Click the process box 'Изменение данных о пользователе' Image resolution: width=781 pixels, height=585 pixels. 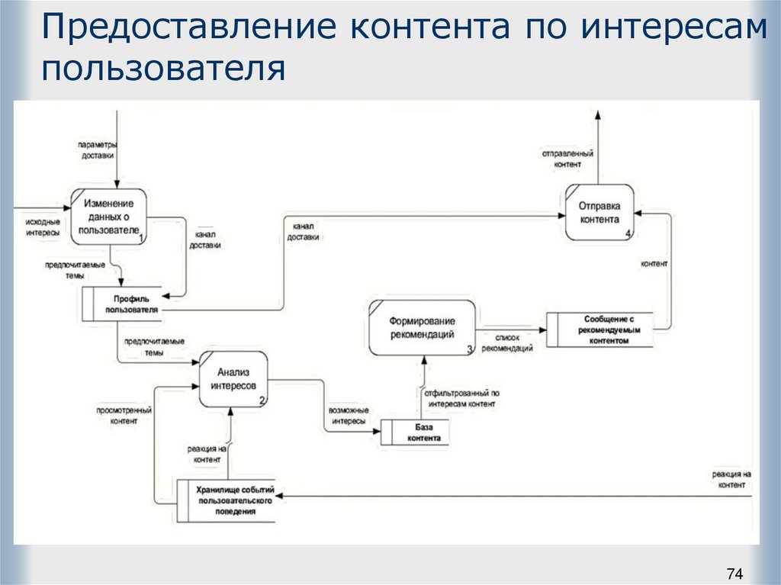[109, 216]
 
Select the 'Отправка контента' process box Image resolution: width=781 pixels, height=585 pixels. [599, 213]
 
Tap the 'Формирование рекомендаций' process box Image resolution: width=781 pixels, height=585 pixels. [422, 328]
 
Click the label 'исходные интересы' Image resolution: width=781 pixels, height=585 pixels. [43, 227]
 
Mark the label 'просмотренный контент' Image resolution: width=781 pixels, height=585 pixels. [124, 415]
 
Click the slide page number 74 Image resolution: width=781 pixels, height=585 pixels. [734, 573]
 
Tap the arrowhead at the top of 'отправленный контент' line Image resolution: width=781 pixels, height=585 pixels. [598, 114]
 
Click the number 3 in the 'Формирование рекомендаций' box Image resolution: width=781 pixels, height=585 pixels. [470, 349]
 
